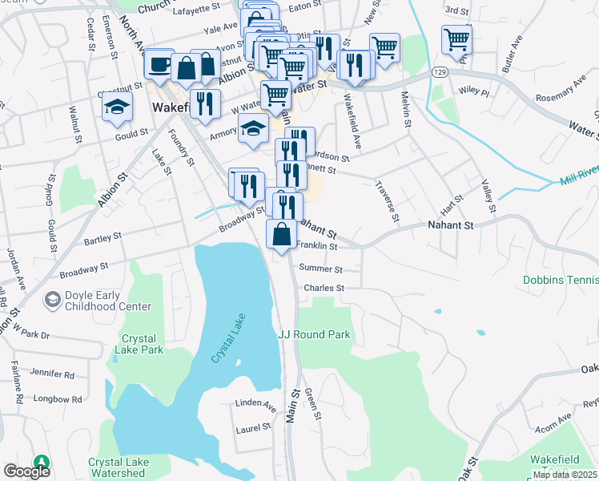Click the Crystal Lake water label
pos(227,338)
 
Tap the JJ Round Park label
pos(314,334)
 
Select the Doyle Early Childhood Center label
pos(107,300)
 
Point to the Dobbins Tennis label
pos(561,281)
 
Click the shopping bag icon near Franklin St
pos(281,236)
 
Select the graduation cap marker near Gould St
pos(117,107)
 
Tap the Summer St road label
pos(320,269)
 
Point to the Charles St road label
pos(324,288)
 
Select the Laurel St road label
pos(254,430)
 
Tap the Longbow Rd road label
pos(56,398)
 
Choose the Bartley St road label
pos(102,237)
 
